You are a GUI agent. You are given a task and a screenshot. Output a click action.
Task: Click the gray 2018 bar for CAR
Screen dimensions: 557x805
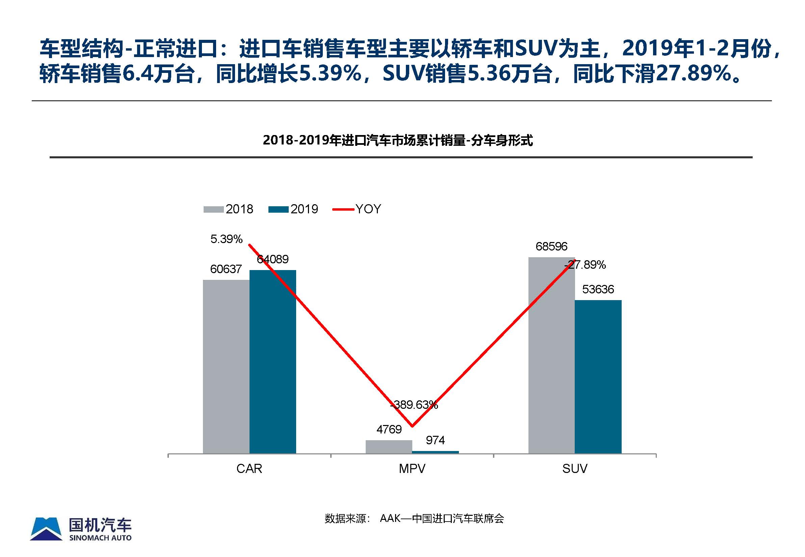coord(226,367)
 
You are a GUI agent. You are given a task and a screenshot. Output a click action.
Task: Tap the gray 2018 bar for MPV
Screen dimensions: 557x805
coord(389,447)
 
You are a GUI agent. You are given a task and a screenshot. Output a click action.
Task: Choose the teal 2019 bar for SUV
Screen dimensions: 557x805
coord(598,377)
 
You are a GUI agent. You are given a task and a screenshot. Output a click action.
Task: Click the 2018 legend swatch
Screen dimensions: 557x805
coord(213,209)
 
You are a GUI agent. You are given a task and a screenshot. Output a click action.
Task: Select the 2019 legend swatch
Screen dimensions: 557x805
coord(278,209)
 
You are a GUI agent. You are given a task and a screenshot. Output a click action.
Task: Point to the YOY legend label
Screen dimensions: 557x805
coord(368,209)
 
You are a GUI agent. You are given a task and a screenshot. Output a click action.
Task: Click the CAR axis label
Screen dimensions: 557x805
coord(249,468)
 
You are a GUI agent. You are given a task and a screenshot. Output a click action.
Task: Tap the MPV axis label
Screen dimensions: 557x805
coord(412,468)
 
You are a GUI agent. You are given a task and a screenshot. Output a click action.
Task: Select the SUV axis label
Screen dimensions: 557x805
coord(575,468)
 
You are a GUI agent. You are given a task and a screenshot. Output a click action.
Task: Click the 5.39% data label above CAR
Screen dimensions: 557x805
coord(226,239)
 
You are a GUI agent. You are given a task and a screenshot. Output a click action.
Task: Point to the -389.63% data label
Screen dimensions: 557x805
coord(414,405)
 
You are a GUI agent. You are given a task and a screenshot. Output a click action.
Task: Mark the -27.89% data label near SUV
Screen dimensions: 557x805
coord(585,265)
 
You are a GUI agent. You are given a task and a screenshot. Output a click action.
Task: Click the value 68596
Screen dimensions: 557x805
coord(551,247)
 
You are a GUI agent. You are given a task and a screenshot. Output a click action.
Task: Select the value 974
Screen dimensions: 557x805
coord(435,441)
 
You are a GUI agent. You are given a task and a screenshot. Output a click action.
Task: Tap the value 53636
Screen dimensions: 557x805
coord(598,289)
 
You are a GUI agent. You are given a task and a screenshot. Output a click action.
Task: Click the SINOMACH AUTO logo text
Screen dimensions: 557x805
coord(101,538)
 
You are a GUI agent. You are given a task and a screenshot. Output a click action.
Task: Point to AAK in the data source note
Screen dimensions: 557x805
coord(390,518)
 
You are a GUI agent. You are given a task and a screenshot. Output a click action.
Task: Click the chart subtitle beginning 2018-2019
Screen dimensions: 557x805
coord(398,140)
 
